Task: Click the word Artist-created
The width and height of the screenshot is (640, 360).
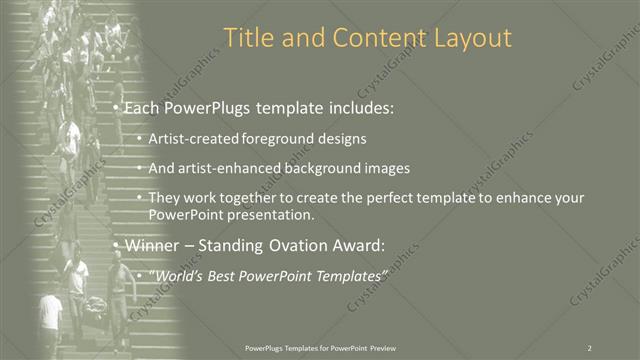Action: click(x=190, y=138)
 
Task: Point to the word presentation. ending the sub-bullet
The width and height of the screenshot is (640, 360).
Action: click(x=275, y=215)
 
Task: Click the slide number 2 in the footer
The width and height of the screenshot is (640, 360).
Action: click(x=589, y=347)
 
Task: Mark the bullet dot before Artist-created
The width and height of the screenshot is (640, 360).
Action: click(x=139, y=138)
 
